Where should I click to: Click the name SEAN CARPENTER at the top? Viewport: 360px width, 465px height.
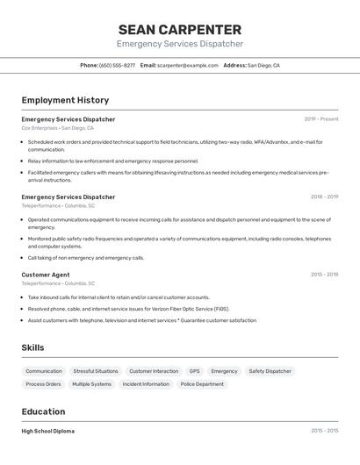coord(180,29)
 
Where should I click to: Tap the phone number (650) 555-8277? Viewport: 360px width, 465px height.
coord(117,65)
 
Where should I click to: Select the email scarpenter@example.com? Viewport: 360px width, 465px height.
coord(188,65)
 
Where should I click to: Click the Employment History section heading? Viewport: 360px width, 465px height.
coord(65,100)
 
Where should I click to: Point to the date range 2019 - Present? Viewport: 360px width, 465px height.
coord(321,119)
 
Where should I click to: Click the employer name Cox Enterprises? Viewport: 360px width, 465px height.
coord(40,128)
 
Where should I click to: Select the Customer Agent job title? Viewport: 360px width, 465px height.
coord(46,275)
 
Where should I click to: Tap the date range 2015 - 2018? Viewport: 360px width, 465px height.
coord(324,275)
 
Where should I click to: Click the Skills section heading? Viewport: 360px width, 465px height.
coord(32,347)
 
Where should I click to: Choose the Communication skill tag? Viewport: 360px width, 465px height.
coord(44,371)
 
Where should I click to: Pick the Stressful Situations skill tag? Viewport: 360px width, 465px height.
coord(96,371)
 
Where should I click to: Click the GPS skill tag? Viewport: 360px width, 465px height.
coord(194,371)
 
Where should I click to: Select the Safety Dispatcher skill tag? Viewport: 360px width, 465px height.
coord(270,371)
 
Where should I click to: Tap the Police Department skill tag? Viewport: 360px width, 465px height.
coord(202,384)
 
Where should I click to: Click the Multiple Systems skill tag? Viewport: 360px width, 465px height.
coord(92,384)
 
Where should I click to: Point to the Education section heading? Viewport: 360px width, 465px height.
coord(43,411)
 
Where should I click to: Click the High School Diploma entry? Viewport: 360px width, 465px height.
coord(48,431)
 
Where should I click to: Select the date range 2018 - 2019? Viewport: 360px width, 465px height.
coord(324,197)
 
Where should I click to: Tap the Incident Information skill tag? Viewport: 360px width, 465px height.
coord(146,384)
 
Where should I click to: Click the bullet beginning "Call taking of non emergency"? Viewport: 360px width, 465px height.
coord(86,258)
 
